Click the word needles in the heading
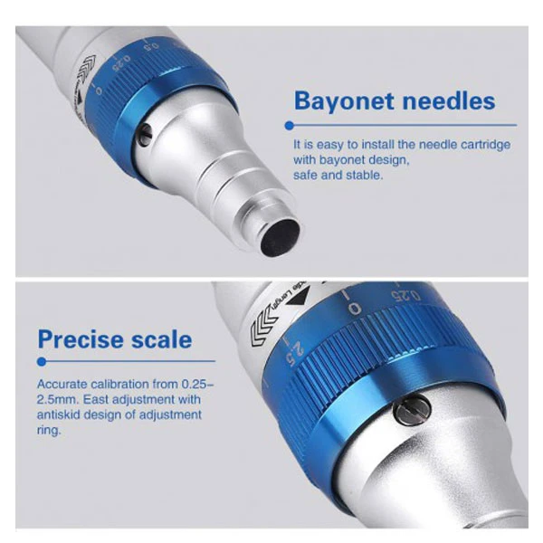click(449, 100)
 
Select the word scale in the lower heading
click(157, 339)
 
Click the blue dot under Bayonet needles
click(290, 126)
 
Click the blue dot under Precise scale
click(42, 362)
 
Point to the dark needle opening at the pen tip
click(281, 237)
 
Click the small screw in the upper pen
click(145, 133)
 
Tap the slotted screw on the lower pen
click(412, 409)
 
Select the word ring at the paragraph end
click(49, 431)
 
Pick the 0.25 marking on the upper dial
click(121, 62)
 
